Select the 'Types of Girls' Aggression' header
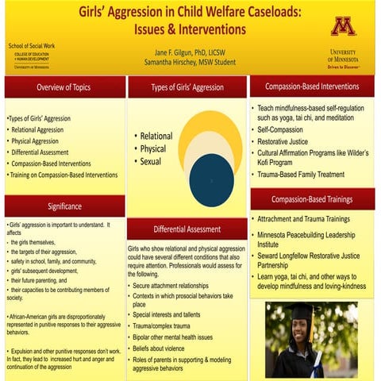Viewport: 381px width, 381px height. (x=187, y=87)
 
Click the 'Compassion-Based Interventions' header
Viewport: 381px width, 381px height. (x=312, y=86)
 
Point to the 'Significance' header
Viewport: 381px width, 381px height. (x=64, y=206)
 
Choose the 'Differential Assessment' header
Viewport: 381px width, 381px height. (x=187, y=229)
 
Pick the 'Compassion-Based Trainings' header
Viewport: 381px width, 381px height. (x=312, y=198)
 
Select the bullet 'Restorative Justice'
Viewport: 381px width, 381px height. (x=290, y=141)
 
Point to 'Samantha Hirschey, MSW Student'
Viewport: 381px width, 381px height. (x=188, y=62)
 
